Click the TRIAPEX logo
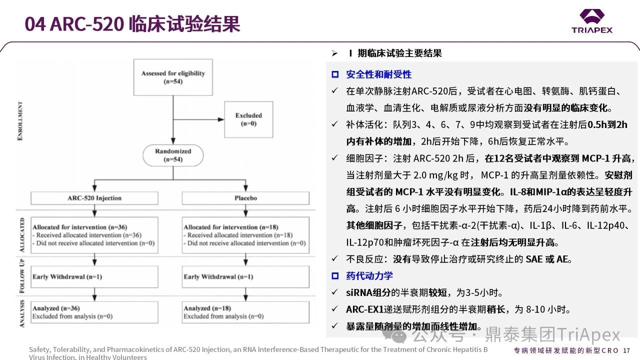pyautogui.click(x=591, y=21)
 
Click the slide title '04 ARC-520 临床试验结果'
pyautogui.click(x=132, y=24)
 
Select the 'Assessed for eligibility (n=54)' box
pyautogui.click(x=173, y=77)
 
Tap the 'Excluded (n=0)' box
pyautogui.click(x=248, y=119)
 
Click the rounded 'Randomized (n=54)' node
pyautogui.click(x=173, y=155)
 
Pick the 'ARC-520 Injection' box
pyautogui.click(x=94, y=198)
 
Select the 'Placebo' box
pyautogui.click(x=245, y=198)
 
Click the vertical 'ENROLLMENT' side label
pyautogui.click(x=20, y=121)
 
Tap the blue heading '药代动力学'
pyautogui.click(x=369, y=276)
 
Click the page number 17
pyautogui.click(x=626, y=350)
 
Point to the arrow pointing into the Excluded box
pyautogui.click(x=219, y=119)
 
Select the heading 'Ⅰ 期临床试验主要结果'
pyautogui.click(x=394, y=53)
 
